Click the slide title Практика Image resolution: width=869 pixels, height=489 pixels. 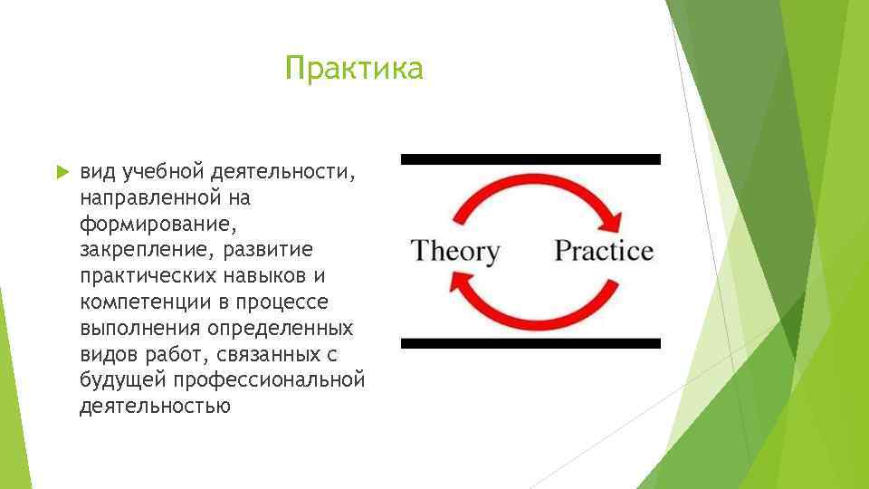click(x=354, y=69)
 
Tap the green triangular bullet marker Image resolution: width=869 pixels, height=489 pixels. click(x=62, y=172)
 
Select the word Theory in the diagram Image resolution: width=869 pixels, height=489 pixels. click(x=454, y=252)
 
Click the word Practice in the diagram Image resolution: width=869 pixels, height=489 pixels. click(x=604, y=250)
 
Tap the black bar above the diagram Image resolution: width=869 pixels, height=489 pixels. click(x=530, y=159)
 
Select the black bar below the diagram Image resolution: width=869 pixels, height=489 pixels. click(x=530, y=343)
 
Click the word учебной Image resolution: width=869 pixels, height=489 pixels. click(x=164, y=172)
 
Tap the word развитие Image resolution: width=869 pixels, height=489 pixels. click(x=268, y=250)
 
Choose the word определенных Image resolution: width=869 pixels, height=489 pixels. click(x=281, y=329)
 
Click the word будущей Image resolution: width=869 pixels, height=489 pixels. click(x=123, y=379)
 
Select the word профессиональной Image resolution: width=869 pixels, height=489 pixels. click(x=270, y=380)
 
